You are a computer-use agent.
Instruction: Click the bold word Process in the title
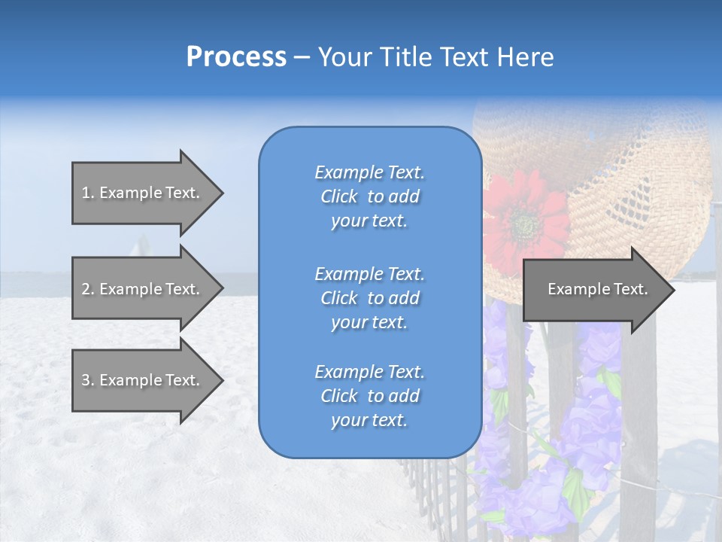click(x=236, y=57)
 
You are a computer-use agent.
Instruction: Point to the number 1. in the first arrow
click(x=88, y=193)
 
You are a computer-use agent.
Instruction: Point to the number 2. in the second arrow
click(x=88, y=289)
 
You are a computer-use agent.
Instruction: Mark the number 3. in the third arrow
click(x=88, y=380)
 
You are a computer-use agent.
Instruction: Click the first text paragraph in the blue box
click(x=369, y=196)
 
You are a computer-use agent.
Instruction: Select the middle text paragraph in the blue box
click(x=369, y=298)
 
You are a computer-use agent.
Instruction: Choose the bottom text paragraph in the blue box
click(x=369, y=396)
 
